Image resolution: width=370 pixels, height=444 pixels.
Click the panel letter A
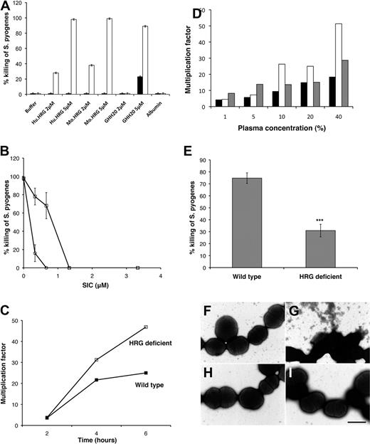(x=6, y=6)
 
